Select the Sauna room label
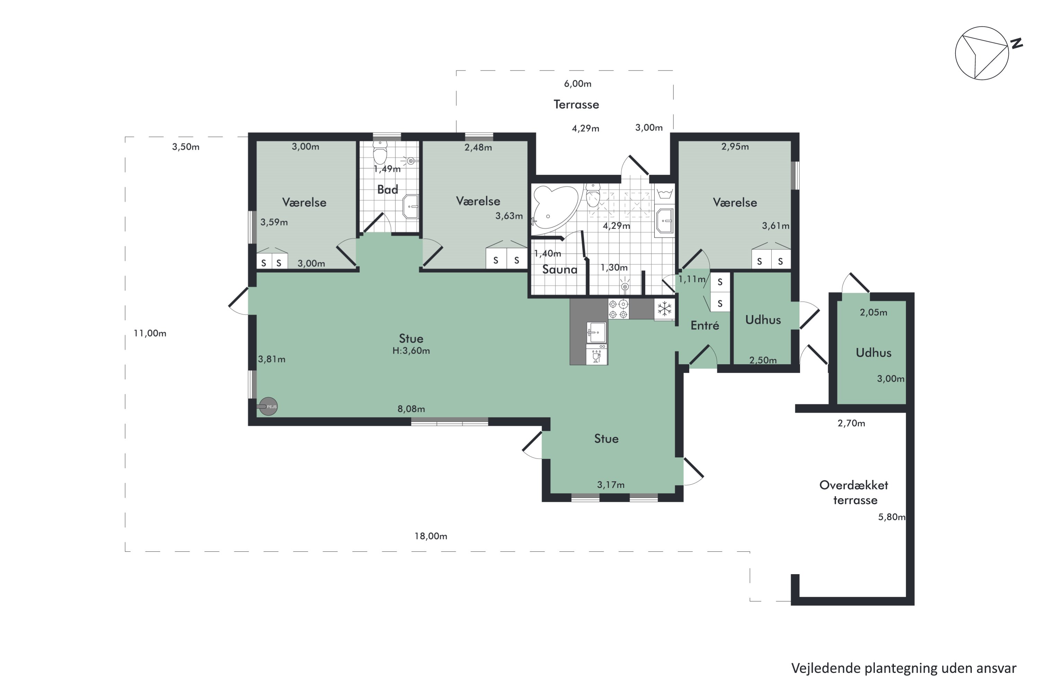[560, 270]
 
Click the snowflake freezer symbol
[664, 309]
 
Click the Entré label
[704, 326]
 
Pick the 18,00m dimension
[431, 536]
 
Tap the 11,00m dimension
[150, 333]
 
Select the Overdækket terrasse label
[854, 492]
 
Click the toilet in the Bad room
[380, 152]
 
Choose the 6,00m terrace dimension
[577, 84]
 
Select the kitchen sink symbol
[596, 332]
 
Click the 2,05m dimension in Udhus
[873, 313]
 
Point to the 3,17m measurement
[611, 485]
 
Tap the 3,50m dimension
[186, 147]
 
